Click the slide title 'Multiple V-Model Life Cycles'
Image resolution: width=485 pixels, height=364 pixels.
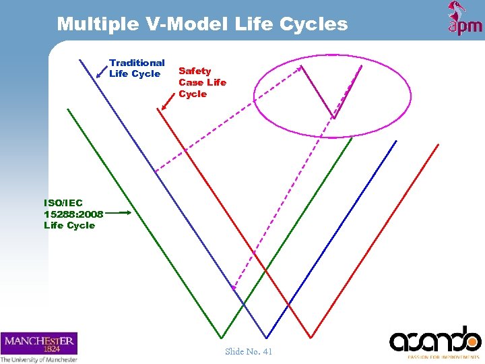coord(202,25)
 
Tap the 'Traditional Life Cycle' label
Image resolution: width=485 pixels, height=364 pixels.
coord(137,68)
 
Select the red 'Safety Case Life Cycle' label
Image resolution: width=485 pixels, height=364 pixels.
coord(202,82)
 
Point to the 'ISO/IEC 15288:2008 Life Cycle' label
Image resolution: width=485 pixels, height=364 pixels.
coord(73,214)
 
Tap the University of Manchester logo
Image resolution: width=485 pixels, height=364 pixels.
coord(39,347)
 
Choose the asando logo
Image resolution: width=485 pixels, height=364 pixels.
coord(435,341)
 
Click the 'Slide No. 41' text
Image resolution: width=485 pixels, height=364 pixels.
coord(249,351)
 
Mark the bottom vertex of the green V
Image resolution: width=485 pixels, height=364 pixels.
coord(222,338)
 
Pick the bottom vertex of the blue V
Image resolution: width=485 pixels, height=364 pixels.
coord(267,338)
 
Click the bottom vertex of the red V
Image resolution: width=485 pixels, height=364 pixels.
coord(311,337)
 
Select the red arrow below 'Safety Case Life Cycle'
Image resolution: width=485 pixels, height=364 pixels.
coord(168,101)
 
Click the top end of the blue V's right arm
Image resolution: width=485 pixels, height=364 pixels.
coord(396,141)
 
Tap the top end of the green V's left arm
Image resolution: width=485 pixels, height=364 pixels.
coord(67,109)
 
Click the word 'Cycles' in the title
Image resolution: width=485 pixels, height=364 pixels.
coord(315,25)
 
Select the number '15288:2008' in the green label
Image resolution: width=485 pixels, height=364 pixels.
coord(73,214)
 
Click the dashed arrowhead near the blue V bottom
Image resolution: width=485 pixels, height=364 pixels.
coord(234,288)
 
